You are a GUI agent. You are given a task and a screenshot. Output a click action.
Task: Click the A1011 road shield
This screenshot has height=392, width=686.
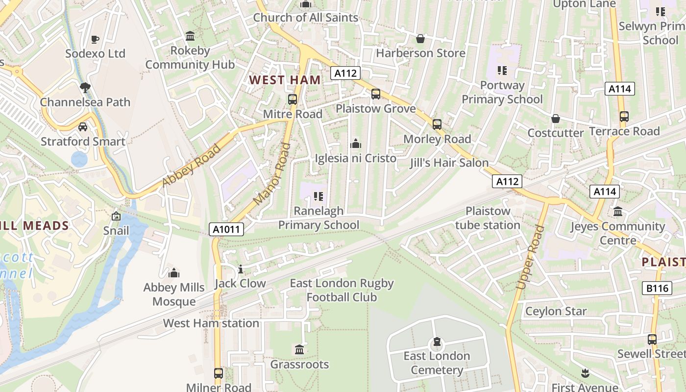coord(226,229)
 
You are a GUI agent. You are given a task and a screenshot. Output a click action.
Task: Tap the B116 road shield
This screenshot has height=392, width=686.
coord(657,288)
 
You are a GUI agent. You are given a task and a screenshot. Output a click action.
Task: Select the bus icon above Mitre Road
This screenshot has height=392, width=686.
coord(293,99)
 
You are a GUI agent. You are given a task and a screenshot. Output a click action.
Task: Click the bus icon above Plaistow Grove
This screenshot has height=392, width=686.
coord(376,94)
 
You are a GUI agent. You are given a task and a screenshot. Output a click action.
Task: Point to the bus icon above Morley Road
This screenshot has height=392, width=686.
coord(437,124)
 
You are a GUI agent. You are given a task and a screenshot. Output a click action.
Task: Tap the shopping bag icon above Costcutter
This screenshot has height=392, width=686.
coord(555,119)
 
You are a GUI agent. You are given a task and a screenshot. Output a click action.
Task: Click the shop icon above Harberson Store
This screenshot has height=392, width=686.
coord(420,39)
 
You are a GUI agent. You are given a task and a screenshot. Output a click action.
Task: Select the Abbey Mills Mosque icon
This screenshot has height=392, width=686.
coord(173,273)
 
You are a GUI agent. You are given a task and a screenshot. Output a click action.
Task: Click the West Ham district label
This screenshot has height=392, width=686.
coord(285,80)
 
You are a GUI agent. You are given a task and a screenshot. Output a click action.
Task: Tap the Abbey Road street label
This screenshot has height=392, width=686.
coord(192,165)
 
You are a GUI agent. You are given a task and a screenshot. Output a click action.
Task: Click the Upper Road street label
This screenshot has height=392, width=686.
coord(530,257)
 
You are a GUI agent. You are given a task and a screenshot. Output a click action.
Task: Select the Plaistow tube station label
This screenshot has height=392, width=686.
coord(488,218)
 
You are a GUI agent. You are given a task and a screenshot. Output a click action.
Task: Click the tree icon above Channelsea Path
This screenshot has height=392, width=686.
coord(85,88)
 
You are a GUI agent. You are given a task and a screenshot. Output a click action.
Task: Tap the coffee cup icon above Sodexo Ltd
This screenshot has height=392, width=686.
coord(95,39)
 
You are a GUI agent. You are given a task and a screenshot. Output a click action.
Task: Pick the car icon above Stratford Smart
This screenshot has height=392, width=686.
coord(83,127)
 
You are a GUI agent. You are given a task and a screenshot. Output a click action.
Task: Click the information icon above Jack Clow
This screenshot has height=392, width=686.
coord(240,269)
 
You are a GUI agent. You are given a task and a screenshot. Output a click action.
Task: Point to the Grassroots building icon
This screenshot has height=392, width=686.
coord(299,350)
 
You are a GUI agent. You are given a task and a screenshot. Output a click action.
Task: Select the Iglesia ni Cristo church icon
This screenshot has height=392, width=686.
coord(356,144)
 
